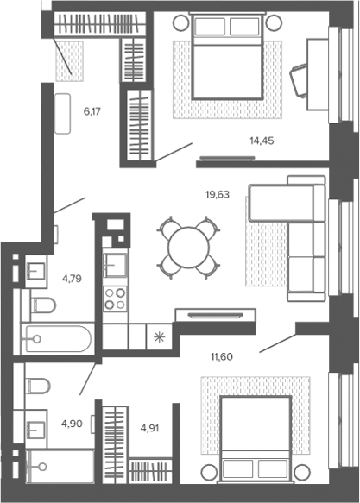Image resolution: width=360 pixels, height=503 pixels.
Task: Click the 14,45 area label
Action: tap(262, 141)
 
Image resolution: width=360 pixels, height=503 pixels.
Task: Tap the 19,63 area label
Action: tap(218, 194)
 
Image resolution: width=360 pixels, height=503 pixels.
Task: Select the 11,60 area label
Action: tap(221, 356)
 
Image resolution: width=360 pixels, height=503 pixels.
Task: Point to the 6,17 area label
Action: tap(92, 111)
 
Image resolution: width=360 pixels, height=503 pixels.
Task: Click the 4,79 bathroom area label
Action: tap(72, 279)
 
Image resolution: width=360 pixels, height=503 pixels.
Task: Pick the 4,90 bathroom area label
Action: tap(72, 424)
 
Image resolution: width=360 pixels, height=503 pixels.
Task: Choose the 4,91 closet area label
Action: tap(150, 428)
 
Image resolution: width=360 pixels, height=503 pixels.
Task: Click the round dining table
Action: tap(189, 248)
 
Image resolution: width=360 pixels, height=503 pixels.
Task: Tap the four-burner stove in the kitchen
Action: tap(115, 299)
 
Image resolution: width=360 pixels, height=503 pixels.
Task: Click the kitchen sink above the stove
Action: tap(115, 265)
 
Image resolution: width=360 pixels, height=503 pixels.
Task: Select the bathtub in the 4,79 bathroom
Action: tap(58, 339)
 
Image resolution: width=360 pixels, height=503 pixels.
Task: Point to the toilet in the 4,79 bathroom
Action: tap(44, 305)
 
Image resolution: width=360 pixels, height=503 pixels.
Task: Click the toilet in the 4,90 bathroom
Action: tap(39, 386)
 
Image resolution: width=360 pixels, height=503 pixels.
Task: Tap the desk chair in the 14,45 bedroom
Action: tap(300, 81)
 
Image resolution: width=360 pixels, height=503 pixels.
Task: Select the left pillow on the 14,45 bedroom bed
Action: tap(210, 26)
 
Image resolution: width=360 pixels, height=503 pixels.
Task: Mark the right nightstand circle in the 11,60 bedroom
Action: tap(303, 472)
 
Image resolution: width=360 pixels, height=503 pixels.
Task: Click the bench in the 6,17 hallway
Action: tap(62, 113)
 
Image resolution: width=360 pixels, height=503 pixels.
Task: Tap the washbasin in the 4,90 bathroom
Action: tap(36, 429)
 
